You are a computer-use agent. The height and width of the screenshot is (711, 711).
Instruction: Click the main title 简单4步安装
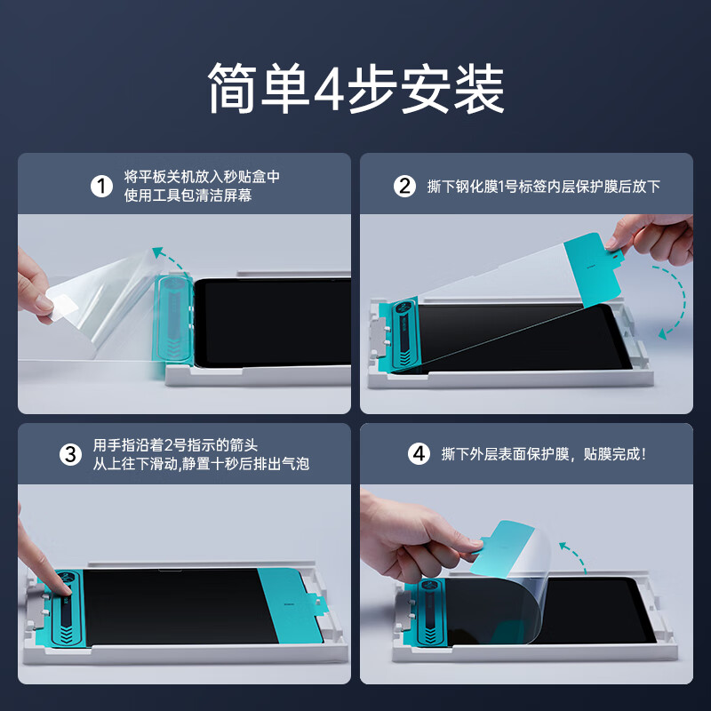(355, 89)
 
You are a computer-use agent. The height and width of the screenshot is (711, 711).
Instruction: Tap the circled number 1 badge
(102, 186)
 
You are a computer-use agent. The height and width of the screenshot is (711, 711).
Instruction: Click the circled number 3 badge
(71, 454)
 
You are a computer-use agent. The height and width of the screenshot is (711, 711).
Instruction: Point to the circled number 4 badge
(419, 454)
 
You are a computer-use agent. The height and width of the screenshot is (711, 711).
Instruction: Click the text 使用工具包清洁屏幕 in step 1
(188, 196)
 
